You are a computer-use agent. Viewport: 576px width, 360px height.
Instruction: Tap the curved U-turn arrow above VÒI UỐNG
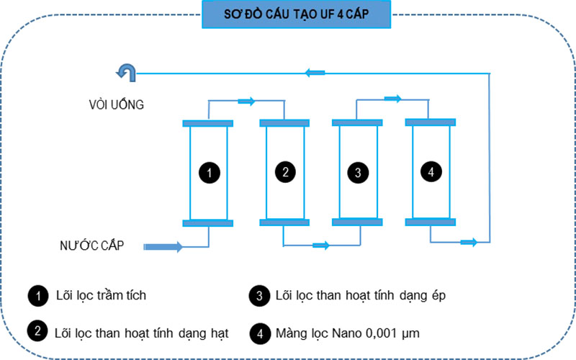pos(126,71)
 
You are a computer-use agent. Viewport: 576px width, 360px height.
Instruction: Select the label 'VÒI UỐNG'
pos(112,105)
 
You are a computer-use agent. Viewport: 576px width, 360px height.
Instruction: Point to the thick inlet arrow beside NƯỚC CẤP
pos(163,247)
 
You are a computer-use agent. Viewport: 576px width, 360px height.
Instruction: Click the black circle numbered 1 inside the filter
pos(208,173)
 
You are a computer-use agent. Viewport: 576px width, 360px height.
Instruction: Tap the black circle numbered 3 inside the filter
pos(357,172)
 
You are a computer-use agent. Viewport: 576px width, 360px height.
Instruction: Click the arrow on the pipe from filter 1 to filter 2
pos(246,102)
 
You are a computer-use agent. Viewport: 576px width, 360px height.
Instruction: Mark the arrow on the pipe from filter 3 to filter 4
pos(392,99)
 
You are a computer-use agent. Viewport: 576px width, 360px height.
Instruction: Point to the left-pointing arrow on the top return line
pos(315,72)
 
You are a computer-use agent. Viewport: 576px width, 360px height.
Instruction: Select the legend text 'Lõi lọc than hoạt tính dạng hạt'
pos(141,333)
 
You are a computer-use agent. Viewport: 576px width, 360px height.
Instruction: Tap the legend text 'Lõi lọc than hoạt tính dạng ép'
pos(356,295)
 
